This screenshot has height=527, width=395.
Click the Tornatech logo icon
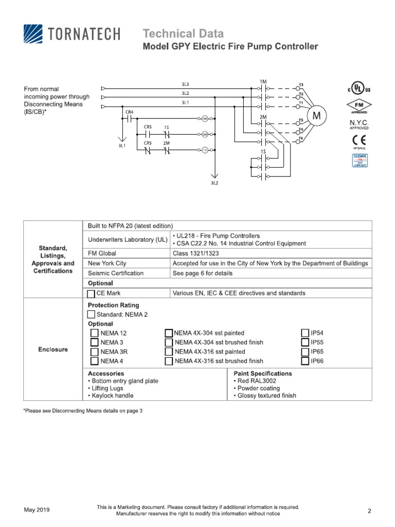(33, 35)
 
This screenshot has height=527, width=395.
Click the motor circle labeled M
(317, 116)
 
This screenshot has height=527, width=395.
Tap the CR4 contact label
(129, 112)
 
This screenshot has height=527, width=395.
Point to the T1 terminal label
(301, 102)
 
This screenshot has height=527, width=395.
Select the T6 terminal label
(301, 139)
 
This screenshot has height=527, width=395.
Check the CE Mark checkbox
(91, 293)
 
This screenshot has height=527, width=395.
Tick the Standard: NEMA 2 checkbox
(91, 314)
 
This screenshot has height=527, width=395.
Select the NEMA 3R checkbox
(94, 352)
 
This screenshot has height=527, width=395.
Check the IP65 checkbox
(304, 352)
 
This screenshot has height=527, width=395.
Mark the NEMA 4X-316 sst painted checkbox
(168, 352)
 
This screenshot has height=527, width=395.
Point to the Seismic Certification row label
(116, 273)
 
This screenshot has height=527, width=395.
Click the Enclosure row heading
(53, 350)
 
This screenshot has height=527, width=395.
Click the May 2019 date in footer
(37, 510)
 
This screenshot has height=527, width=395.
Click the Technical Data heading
(183, 34)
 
